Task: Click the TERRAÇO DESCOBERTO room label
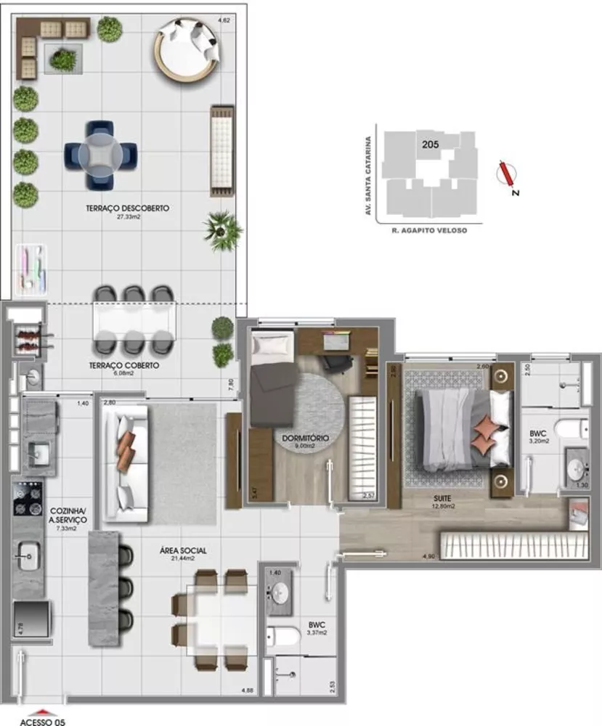[x=127, y=208]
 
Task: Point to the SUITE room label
[x=441, y=498]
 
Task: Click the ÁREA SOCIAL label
[x=183, y=551]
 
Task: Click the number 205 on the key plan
[x=429, y=144]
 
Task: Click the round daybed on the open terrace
[x=186, y=50]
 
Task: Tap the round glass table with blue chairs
[x=100, y=154]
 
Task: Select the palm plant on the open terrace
[x=222, y=228]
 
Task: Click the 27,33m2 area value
[x=127, y=216]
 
